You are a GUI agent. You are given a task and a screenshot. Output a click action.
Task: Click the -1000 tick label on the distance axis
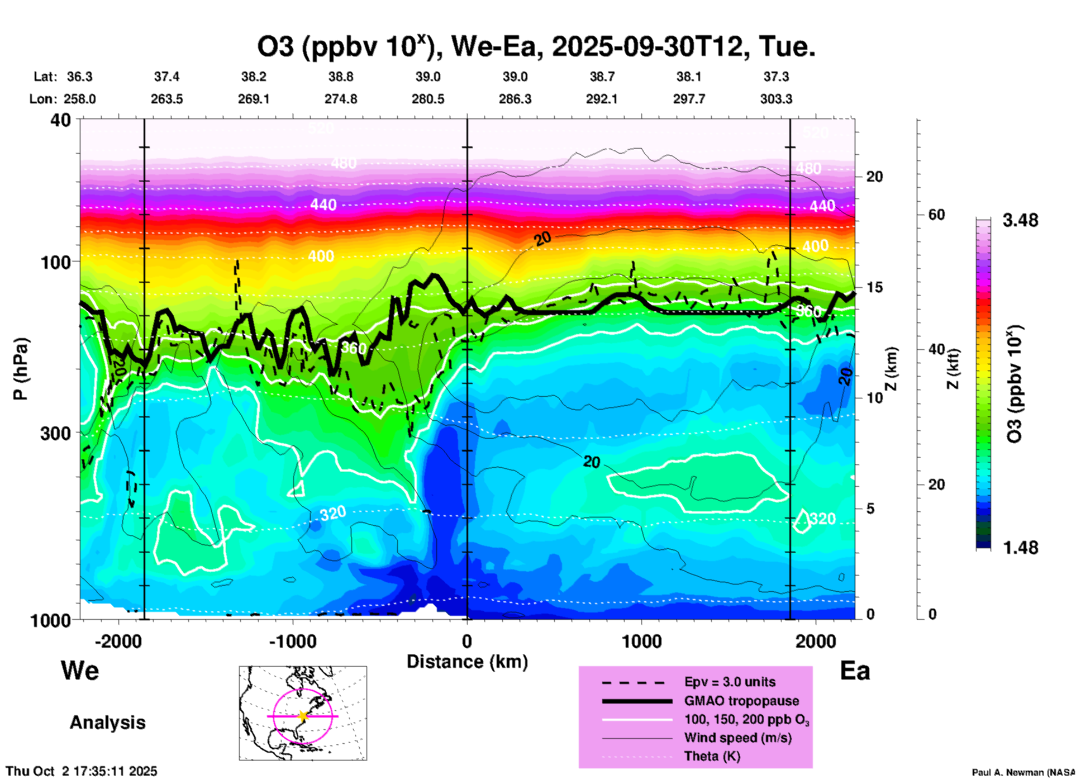[292, 641]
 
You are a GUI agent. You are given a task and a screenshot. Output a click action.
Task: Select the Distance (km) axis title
[467, 662]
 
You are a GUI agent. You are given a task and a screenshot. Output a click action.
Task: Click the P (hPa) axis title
[20, 369]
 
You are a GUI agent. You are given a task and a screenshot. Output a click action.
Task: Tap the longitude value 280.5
[428, 99]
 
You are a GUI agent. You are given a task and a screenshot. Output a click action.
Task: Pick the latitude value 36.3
[79, 77]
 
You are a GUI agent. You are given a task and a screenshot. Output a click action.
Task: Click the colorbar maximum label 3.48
[1020, 221]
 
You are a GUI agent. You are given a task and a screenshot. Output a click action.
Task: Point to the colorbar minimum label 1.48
[1020, 548]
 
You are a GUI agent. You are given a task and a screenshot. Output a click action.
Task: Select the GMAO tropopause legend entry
[741, 701]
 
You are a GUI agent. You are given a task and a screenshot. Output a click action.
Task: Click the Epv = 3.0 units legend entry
[730, 682]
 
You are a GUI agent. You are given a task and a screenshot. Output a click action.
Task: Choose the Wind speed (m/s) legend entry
[737, 738]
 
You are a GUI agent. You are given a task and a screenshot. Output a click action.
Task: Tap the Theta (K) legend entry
[712, 756]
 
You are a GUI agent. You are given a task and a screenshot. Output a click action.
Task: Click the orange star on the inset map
[303, 716]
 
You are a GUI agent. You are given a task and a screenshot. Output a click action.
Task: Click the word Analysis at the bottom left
[107, 723]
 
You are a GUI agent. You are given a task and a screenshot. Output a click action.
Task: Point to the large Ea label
[855, 671]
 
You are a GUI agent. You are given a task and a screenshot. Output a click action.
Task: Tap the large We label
[80, 670]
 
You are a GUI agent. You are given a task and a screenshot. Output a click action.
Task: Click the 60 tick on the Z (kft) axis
[936, 215]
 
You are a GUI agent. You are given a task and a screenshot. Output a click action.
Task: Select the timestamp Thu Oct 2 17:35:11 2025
[82, 771]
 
